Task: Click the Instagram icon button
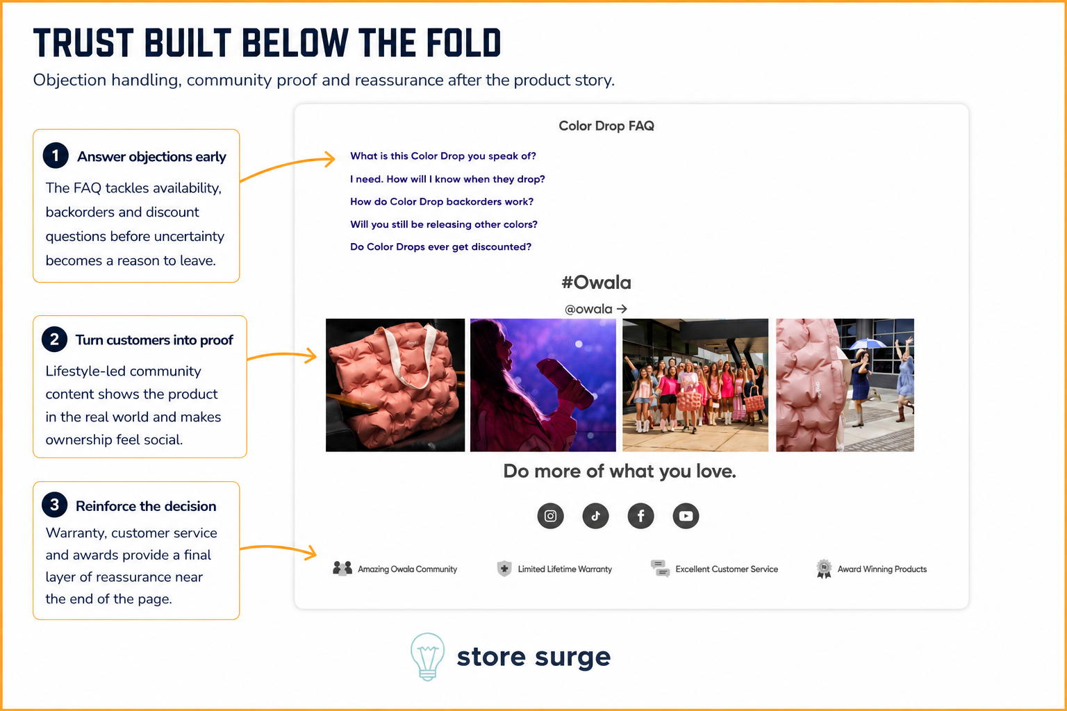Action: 550,516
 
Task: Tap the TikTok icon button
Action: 595,516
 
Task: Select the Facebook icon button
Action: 640,516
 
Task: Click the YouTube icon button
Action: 686,516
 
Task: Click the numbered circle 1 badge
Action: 56,156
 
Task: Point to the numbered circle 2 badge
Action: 54,339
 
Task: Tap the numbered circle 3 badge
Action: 54,505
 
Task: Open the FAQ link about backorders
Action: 442,201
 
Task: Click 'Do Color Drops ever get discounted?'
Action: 440,246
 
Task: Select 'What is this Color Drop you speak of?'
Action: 443,156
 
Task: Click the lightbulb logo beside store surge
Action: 427,657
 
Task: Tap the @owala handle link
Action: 595,309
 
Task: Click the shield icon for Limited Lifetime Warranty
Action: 504,568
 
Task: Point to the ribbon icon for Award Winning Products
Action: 824,569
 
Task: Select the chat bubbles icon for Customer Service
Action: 660,568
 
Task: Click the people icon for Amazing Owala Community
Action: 342,568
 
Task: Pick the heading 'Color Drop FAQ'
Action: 606,126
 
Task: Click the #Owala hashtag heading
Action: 597,283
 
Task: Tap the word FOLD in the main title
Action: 463,43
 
